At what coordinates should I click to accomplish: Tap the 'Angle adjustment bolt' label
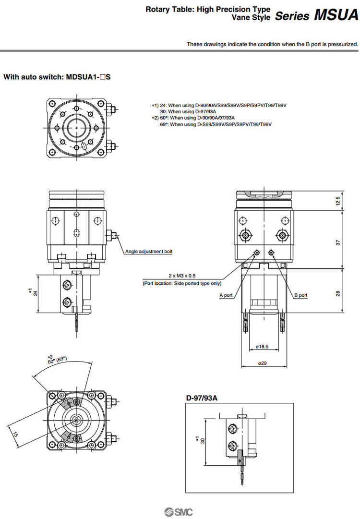click(148, 251)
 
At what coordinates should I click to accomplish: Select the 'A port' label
click(226, 295)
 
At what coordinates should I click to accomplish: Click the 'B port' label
click(301, 295)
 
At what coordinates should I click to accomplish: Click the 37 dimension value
click(338, 243)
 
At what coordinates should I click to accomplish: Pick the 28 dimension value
click(338, 293)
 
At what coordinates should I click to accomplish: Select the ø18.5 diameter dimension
click(262, 346)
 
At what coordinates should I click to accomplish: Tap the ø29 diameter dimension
click(262, 363)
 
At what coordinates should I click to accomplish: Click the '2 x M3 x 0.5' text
click(182, 276)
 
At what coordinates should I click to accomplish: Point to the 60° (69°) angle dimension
click(57, 361)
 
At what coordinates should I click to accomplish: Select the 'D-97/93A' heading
click(202, 398)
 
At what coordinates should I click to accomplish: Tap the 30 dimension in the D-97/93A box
click(203, 441)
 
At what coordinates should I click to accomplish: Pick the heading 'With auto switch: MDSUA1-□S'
click(57, 76)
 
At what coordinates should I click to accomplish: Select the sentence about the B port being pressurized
click(272, 44)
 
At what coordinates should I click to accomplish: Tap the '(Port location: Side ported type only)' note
click(182, 283)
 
